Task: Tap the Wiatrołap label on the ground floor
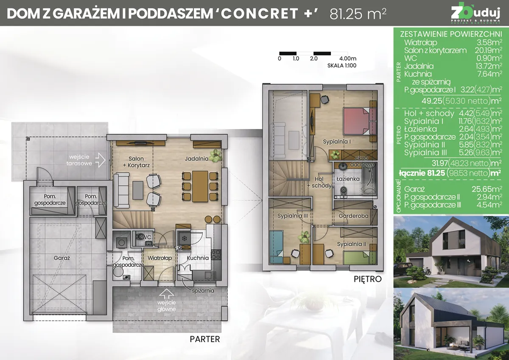(x=159, y=258)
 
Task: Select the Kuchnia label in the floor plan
(x=197, y=258)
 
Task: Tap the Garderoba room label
(x=353, y=216)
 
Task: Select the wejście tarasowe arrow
(x=100, y=160)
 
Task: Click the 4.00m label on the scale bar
(x=347, y=59)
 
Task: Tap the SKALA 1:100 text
(x=341, y=66)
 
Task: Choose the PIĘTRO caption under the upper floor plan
(x=367, y=279)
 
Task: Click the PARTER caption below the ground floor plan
(x=205, y=339)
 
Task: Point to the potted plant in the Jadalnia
(x=216, y=155)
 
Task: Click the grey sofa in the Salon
(x=123, y=189)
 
